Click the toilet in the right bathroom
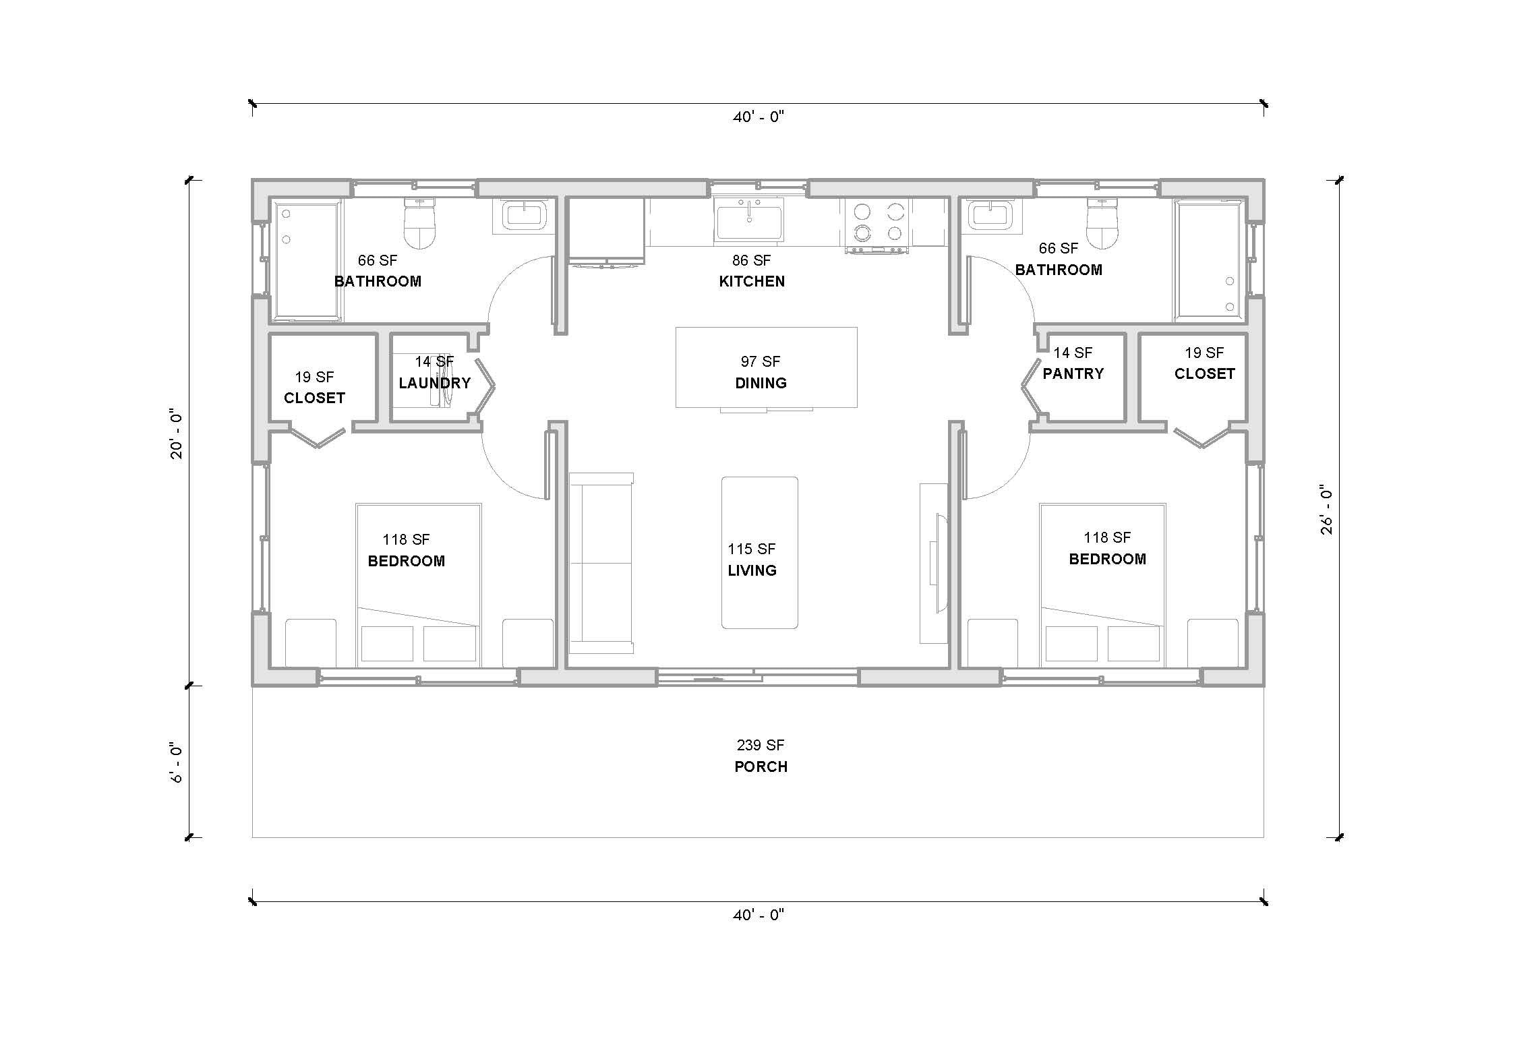pyautogui.click(x=1102, y=224)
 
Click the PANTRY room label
pyautogui.click(x=1073, y=373)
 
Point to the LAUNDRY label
pyautogui.click(x=434, y=383)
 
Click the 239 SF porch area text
pyautogui.click(x=760, y=745)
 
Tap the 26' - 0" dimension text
pyautogui.click(x=1326, y=510)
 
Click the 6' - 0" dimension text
pyautogui.click(x=177, y=762)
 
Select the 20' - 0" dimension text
pyautogui.click(x=177, y=433)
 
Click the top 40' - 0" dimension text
pyautogui.click(x=759, y=117)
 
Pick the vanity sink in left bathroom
pyautogui.click(x=524, y=216)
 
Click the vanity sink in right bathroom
pyautogui.click(x=989, y=216)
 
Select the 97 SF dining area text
pyautogui.click(x=760, y=361)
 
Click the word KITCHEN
pyautogui.click(x=751, y=282)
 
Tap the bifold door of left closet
pyautogui.click(x=318, y=438)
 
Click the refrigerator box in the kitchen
pyautogui.click(x=606, y=229)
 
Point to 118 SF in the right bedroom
pyautogui.click(x=1106, y=537)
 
